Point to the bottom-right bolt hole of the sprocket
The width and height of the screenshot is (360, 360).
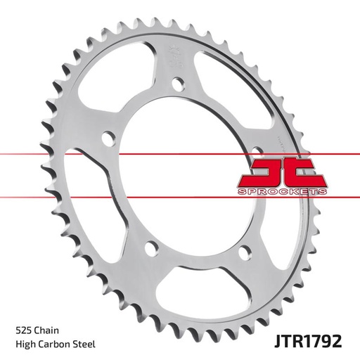coord(243,250)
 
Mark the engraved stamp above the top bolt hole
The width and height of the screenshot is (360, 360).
coord(174,56)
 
